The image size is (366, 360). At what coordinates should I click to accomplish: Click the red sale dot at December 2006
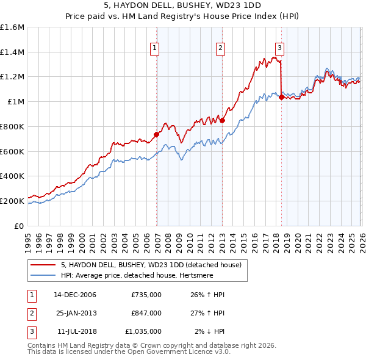(157, 134)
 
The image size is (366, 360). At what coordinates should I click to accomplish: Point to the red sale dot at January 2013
(222, 121)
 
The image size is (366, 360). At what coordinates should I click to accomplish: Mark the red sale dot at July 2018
(281, 97)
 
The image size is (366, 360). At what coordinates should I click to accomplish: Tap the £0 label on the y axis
(20, 226)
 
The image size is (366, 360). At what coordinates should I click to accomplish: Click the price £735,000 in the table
(146, 295)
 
